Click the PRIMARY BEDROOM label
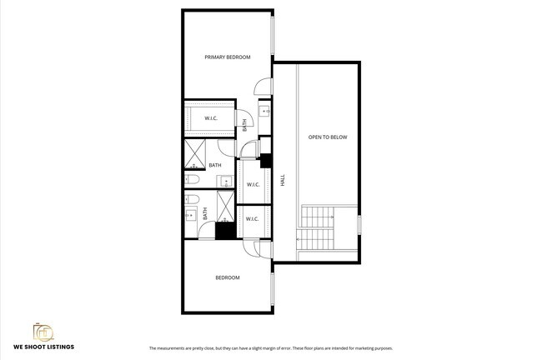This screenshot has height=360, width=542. tap(228, 57)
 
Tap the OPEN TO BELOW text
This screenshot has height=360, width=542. tap(327, 137)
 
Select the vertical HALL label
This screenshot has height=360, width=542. tap(284, 179)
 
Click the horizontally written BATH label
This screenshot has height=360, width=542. tap(215, 165)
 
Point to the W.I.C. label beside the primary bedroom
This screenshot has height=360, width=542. tap(212, 118)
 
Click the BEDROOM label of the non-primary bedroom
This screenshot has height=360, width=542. tap(228, 277)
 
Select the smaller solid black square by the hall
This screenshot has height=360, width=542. tap(266, 161)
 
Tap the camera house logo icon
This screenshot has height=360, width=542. tap(43, 331)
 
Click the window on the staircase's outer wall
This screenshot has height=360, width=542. tap(359, 224)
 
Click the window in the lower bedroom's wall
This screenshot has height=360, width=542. tap(273, 292)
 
